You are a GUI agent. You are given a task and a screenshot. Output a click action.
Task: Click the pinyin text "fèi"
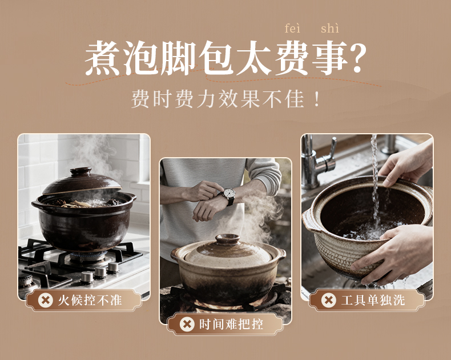[292, 29]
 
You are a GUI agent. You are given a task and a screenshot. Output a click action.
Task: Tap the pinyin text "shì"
[330, 29]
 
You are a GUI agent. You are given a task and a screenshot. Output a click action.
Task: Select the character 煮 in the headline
[103, 58]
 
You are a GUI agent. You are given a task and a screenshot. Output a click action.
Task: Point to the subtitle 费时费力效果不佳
[218, 99]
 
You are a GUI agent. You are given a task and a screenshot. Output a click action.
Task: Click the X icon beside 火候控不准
[46, 301]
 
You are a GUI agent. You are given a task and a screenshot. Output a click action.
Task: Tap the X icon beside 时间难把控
[187, 325]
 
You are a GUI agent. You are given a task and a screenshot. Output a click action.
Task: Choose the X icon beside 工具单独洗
[329, 301]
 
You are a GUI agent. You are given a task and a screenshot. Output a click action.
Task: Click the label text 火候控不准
[90, 301]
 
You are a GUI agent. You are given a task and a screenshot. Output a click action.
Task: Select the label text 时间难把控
[231, 325]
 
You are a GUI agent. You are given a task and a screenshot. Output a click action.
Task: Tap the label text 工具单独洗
[373, 301]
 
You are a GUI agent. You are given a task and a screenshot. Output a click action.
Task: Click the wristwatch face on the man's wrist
[229, 193]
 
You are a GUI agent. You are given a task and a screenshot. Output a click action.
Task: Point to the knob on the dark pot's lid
[81, 171]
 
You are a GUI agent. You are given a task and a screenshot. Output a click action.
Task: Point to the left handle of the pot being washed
[309, 221]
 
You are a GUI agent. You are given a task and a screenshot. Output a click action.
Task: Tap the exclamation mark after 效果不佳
[317, 99]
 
